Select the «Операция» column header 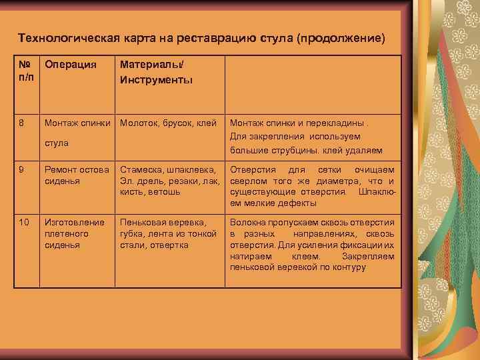(x=70, y=65)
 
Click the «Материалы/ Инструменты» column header (x=156, y=73)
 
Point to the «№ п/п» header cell (x=26, y=72)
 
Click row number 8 (x=22, y=123)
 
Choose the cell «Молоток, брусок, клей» (x=169, y=123)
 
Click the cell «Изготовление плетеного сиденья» (x=74, y=233)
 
